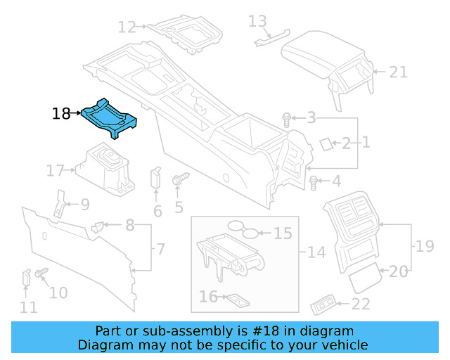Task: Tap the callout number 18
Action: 61,113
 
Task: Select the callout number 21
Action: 399,72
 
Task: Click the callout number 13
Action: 258,21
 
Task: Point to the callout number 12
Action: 127,28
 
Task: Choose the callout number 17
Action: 56,170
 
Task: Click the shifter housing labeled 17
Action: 105,169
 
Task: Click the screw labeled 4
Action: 314,183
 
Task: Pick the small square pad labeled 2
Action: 326,143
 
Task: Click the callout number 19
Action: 424,246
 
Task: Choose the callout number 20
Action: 399,271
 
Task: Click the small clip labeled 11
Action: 26,277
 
